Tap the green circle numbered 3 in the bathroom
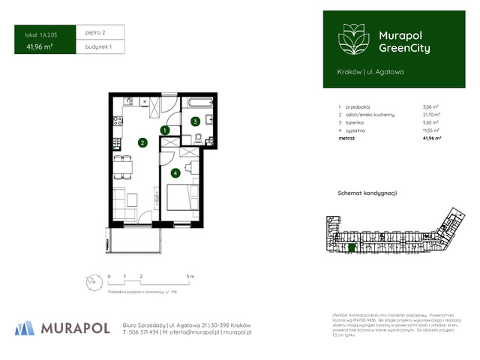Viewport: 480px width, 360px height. (194, 121)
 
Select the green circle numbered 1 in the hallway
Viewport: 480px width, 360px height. (163, 130)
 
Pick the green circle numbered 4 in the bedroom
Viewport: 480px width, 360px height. (175, 173)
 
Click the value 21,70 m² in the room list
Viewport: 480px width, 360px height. (431, 114)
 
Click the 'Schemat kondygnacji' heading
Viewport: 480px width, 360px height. (367, 193)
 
